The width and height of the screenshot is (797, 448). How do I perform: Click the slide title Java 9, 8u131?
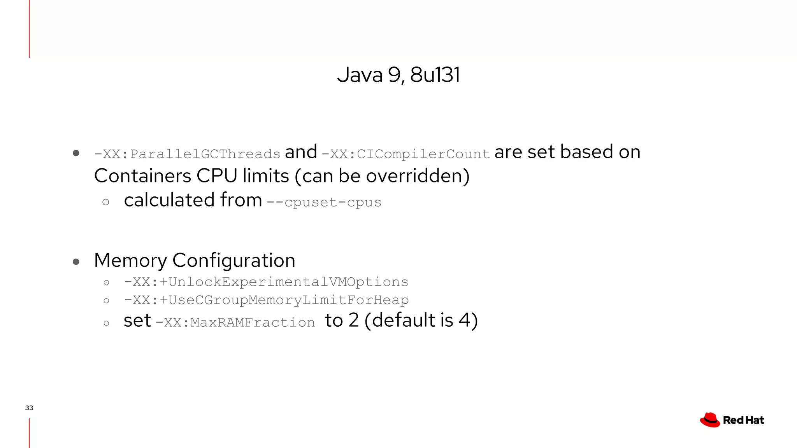(x=398, y=75)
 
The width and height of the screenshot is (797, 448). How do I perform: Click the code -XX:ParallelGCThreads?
(x=187, y=154)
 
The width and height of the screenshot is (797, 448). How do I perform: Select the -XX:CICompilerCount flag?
(x=406, y=154)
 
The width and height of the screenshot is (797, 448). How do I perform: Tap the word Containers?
(x=142, y=176)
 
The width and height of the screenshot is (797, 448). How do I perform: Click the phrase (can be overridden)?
(x=382, y=176)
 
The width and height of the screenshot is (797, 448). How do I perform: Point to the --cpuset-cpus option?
(x=324, y=202)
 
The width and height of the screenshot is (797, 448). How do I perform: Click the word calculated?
(x=169, y=200)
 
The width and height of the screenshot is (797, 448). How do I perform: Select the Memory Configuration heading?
(x=195, y=260)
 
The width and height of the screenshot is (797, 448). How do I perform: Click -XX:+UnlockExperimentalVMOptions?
(x=266, y=282)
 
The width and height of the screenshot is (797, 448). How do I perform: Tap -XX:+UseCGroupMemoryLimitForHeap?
(x=266, y=300)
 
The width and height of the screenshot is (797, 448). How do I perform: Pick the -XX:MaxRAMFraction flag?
(x=235, y=322)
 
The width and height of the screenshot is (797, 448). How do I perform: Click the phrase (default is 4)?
(x=421, y=320)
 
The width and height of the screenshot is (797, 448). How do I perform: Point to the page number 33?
(x=29, y=408)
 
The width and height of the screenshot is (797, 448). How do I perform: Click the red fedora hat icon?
(x=710, y=420)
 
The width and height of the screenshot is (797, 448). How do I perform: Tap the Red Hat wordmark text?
(x=743, y=420)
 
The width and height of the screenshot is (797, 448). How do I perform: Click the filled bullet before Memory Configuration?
(x=76, y=262)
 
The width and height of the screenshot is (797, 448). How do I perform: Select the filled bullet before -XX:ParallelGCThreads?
(x=76, y=153)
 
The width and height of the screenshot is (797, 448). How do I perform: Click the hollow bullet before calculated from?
(x=106, y=202)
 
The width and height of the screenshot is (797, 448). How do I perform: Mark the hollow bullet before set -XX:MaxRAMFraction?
(x=106, y=323)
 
